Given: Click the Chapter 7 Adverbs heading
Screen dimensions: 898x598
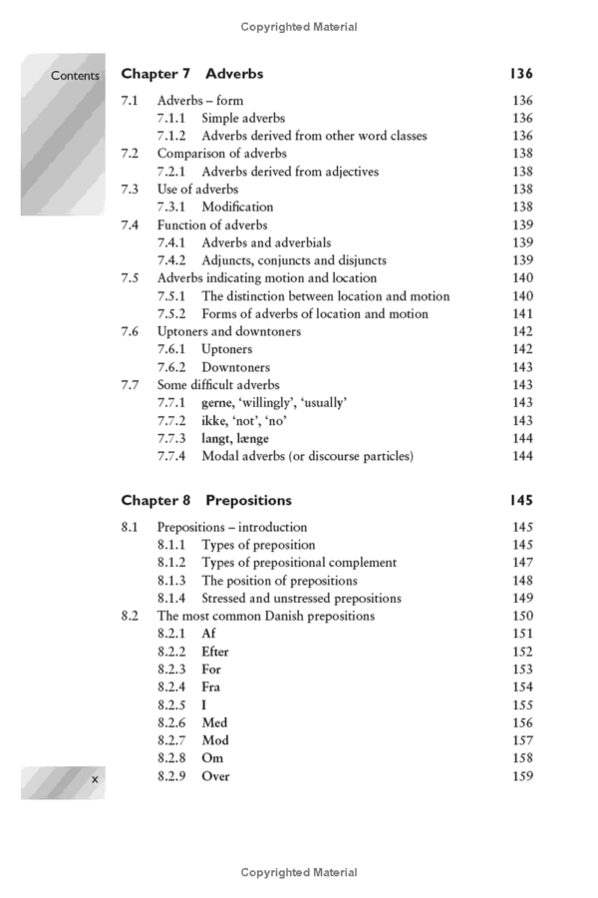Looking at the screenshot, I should (x=191, y=74).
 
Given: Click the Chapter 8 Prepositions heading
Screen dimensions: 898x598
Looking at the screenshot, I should (x=206, y=500).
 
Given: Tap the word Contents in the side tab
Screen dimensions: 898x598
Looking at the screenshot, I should (x=76, y=76).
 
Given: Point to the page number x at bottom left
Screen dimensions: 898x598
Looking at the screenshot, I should (x=94, y=782).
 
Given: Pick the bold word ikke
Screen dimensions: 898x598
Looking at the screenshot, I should (x=214, y=421).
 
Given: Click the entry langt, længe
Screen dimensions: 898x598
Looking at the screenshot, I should (x=235, y=439).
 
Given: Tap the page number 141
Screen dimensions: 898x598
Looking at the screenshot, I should (x=521, y=314).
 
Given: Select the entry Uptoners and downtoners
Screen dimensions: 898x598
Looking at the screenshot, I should (x=229, y=331).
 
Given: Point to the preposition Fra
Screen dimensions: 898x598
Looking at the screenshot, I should (x=211, y=687).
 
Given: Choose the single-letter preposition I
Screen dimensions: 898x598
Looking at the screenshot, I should (x=204, y=705).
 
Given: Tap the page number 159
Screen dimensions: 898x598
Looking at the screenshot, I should (x=521, y=776).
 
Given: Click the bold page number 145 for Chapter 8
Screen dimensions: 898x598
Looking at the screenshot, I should (x=521, y=500).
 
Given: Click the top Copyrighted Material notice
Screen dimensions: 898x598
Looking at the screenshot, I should (x=299, y=27).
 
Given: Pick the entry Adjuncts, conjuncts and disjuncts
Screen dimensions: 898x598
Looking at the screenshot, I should (x=294, y=260).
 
